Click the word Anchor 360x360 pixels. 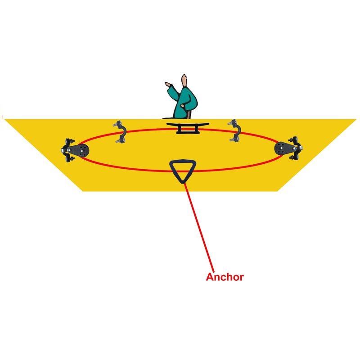coord(225,277)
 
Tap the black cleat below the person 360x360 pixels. coord(188,128)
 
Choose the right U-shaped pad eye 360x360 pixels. coord(234,130)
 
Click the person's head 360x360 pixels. coord(184,81)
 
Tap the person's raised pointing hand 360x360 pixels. coord(168,85)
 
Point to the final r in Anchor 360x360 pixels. coord(242,278)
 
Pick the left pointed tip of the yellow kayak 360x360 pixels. coord(4,119)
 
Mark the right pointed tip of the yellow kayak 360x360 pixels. coord(356,119)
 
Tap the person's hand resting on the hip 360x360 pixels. coord(183,106)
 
